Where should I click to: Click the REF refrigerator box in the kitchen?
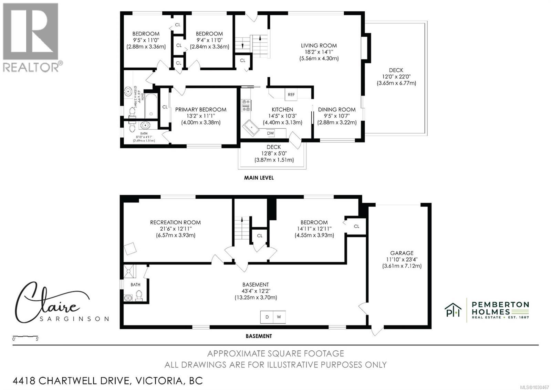coord(291,94)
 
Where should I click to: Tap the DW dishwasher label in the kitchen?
coord(270,133)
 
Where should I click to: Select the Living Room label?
coord(319,46)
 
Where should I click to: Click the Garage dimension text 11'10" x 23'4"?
coord(402,259)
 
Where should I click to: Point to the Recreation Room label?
coord(175,222)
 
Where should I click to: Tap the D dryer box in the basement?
coord(267,317)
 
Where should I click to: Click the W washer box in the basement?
coord(279,317)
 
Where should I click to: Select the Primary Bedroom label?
coord(200,110)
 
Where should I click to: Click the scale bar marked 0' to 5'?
coord(25,337)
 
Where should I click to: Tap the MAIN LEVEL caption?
coord(259,178)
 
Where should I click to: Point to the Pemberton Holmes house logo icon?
coord(453,310)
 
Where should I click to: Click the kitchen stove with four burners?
coord(246,106)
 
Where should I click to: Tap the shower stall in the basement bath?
coord(129,272)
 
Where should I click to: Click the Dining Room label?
coord(336,110)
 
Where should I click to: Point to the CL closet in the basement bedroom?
coord(356,226)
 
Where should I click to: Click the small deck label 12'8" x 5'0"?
coord(274,153)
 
